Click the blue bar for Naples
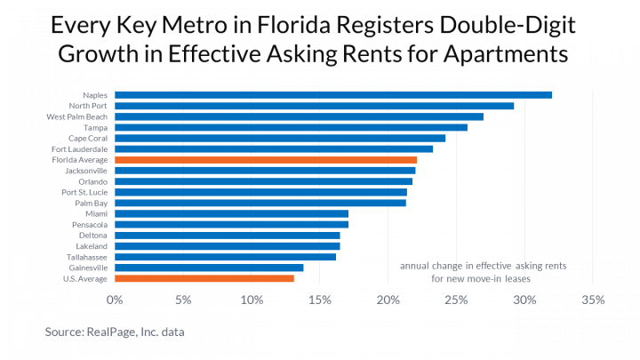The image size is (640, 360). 332,95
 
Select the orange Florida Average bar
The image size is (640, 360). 265,160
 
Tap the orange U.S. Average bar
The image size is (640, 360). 204,278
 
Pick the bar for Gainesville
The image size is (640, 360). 208,268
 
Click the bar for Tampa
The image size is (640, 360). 291,127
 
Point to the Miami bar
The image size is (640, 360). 231,213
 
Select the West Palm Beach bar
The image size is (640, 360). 299,116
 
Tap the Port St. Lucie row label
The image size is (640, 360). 84,192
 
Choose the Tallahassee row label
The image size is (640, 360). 87,257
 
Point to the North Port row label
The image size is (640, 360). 89,106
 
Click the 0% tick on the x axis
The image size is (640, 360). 114,300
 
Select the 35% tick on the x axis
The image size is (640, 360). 593,300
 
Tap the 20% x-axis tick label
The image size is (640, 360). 388,300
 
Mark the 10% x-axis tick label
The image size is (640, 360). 251,300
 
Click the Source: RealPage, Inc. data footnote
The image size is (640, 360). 116,332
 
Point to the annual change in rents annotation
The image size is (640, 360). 483,272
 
